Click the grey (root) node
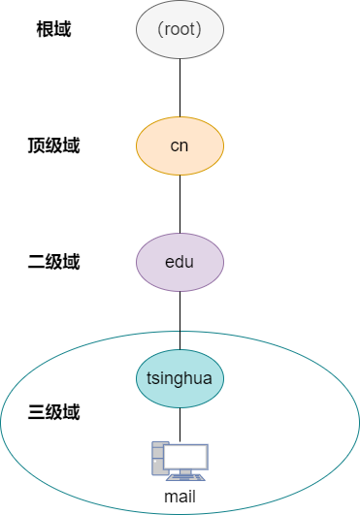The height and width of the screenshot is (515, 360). click(x=180, y=30)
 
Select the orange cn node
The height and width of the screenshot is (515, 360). click(x=180, y=146)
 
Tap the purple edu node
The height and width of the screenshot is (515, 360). click(x=180, y=262)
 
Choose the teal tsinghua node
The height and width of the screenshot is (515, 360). click(x=180, y=378)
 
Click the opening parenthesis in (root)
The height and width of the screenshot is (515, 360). click(x=160, y=30)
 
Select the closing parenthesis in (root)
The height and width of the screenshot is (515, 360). click(x=199, y=30)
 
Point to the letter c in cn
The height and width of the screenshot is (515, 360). click(x=175, y=146)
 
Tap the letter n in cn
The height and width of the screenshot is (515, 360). click(x=184, y=146)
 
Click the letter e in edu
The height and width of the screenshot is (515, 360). click(x=170, y=262)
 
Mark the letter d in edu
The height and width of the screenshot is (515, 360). click(x=180, y=262)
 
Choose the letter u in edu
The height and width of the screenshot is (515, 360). click(x=189, y=262)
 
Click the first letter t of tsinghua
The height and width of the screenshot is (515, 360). click(x=149, y=378)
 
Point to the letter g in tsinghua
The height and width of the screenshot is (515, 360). click(x=180, y=379)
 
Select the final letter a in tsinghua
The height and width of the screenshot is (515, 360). click(x=209, y=378)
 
